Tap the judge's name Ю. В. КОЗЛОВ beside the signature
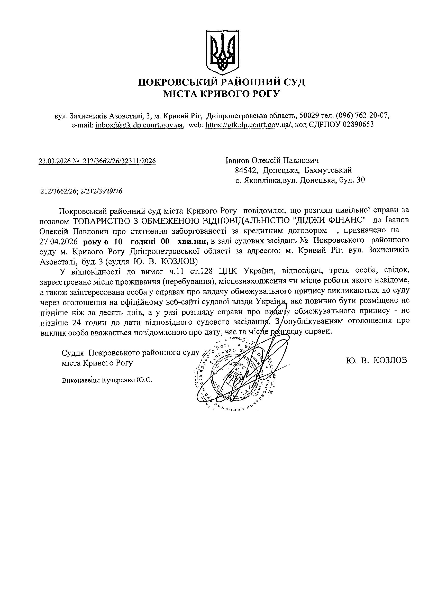tap(377, 360)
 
